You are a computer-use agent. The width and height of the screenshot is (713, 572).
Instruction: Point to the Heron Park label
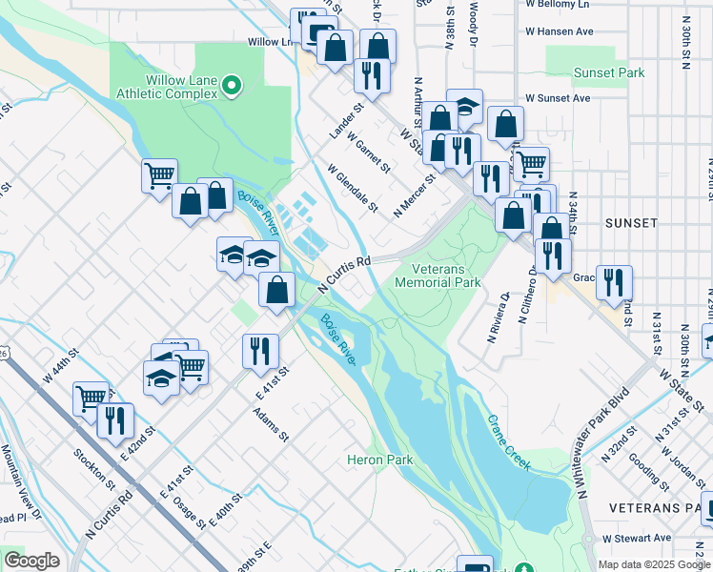click(379, 460)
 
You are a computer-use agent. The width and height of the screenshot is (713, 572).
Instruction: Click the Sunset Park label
click(608, 72)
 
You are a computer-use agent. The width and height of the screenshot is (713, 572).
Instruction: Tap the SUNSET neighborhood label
click(631, 222)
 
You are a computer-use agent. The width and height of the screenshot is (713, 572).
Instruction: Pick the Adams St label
click(271, 425)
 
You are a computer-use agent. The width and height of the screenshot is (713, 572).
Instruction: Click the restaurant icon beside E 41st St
click(259, 351)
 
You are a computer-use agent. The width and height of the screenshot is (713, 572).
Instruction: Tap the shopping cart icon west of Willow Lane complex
click(159, 176)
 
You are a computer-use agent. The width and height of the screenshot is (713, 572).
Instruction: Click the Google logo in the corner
click(31, 561)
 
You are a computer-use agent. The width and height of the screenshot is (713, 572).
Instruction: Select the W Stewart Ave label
click(636, 539)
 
